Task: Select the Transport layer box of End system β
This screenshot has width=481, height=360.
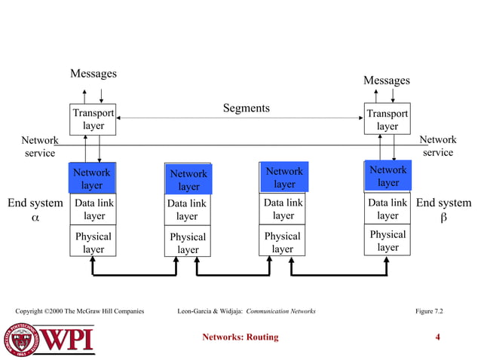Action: pyautogui.click(x=387, y=120)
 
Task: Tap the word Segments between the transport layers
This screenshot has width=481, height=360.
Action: pyautogui.click(x=246, y=108)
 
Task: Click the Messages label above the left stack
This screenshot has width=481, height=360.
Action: pyautogui.click(x=93, y=74)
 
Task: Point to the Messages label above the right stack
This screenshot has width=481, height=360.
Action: pyautogui.click(x=386, y=81)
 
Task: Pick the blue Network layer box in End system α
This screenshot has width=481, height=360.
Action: pyautogui.click(x=92, y=178)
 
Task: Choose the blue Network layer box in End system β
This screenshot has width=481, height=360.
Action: pyautogui.click(x=388, y=177)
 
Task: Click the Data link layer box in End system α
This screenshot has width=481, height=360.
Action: pyautogui.click(x=93, y=209)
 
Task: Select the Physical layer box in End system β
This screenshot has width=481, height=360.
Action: pyautogui.click(x=388, y=241)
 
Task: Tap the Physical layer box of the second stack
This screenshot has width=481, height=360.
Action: pyautogui.click(x=187, y=243)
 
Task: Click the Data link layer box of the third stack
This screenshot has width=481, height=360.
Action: pyautogui.click(x=283, y=209)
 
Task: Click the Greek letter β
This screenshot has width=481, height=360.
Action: pyautogui.click(x=443, y=218)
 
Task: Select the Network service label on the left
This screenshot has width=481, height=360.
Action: pyautogui.click(x=38, y=146)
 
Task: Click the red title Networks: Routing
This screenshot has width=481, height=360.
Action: pyautogui.click(x=240, y=337)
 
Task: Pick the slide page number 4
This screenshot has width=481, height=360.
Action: pyautogui.click(x=438, y=337)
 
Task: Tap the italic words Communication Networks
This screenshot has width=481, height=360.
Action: pyautogui.click(x=280, y=311)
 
